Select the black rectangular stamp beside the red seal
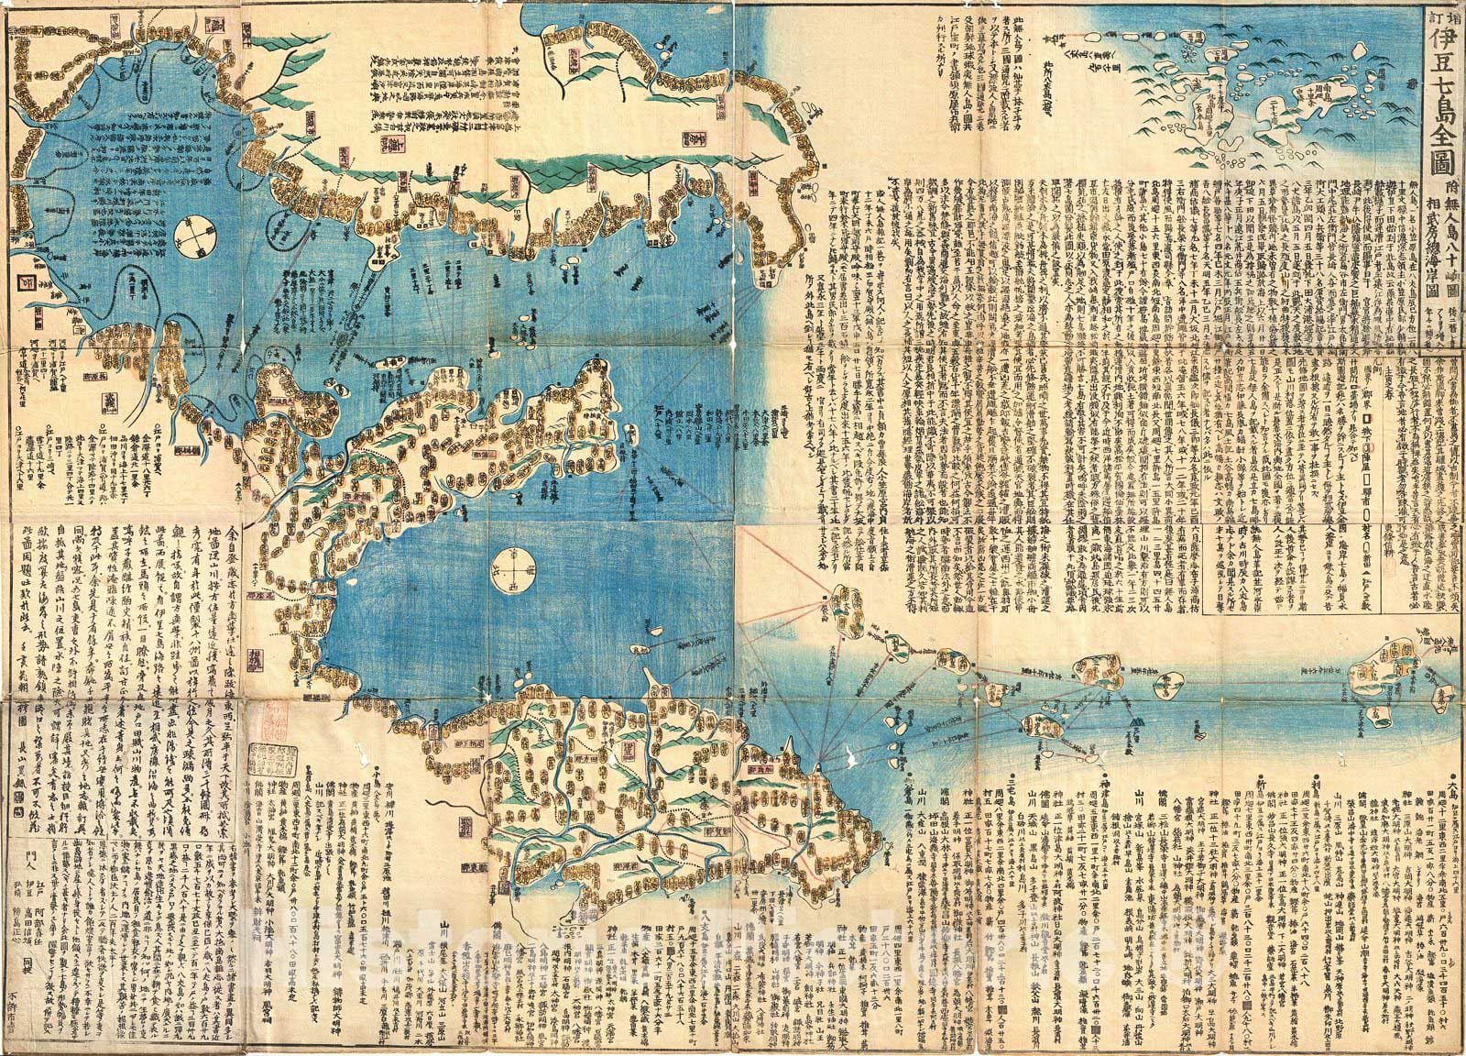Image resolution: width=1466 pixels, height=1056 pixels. click(272, 766)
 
